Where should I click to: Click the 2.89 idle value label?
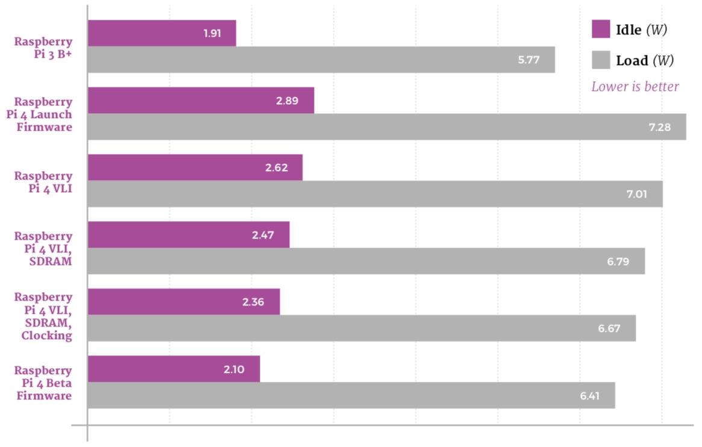point(287,101)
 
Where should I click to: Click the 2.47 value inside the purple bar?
point(263,235)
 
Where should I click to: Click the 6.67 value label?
point(609,329)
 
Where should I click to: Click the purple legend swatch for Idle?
point(601,29)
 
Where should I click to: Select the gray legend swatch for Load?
point(601,60)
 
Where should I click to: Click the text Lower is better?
point(635,87)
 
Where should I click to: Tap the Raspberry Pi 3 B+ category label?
point(43,48)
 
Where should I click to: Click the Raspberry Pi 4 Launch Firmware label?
point(43,114)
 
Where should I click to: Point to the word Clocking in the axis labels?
point(47,336)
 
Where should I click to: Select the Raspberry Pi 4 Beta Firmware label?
point(43,383)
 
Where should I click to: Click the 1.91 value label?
point(212,33)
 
